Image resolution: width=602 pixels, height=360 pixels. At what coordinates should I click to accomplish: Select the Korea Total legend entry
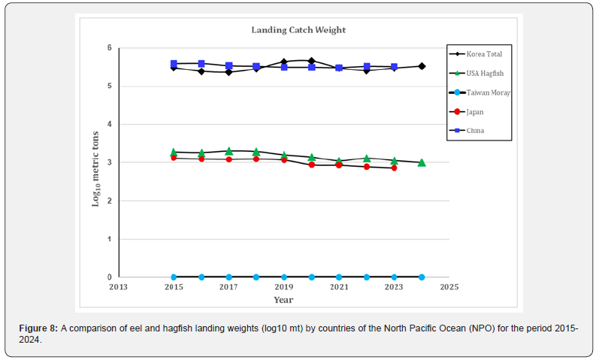[484, 54]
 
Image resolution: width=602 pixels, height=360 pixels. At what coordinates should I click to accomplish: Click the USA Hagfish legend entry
[484, 74]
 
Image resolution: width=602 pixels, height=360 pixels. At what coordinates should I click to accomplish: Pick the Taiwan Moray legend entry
[488, 92]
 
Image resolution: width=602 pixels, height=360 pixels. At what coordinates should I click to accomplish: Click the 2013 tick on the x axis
[118, 287]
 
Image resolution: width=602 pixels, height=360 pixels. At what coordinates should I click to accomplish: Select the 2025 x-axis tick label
[449, 287]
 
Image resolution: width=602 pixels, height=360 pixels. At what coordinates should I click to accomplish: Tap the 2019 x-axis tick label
[284, 287]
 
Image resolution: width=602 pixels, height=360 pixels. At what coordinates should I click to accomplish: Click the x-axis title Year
[283, 300]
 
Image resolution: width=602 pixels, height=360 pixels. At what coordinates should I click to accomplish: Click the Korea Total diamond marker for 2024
[422, 66]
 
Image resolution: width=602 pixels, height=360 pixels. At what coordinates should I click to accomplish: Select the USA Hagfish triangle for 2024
[422, 162]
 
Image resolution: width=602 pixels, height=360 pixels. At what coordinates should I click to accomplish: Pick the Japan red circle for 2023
[394, 168]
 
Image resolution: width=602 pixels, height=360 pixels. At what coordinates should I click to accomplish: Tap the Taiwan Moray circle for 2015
[174, 277]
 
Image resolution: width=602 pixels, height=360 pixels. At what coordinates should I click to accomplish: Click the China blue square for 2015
[174, 64]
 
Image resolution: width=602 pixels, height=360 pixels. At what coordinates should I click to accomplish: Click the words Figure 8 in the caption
[41, 330]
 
